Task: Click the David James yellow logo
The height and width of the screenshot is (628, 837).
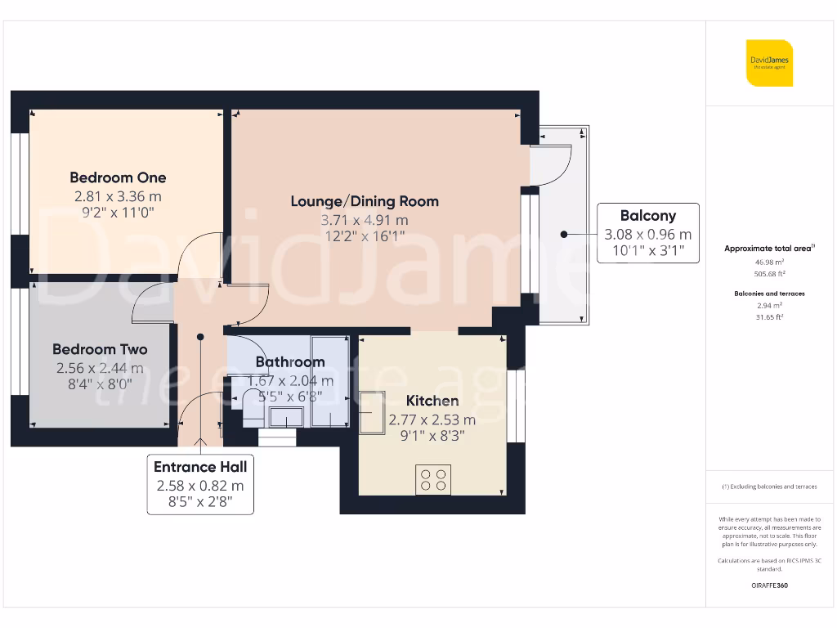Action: (769, 63)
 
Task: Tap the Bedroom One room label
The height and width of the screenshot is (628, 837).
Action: (118, 177)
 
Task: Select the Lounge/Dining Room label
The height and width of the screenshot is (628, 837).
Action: (365, 201)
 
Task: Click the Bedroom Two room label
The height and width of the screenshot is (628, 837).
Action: (100, 349)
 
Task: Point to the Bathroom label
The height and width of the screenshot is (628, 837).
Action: (290, 361)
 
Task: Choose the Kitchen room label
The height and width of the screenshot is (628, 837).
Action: (432, 401)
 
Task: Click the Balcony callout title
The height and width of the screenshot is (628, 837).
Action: (647, 216)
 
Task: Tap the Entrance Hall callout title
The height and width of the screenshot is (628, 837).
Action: (200, 466)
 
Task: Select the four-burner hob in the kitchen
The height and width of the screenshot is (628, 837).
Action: (432, 479)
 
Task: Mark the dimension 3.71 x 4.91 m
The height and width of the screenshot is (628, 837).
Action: (365, 220)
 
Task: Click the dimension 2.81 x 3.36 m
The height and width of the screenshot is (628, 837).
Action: (118, 196)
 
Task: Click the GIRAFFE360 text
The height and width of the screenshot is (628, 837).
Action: (768, 585)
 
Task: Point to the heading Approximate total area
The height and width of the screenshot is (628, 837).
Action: (768, 249)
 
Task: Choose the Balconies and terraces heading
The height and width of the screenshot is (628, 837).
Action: (768, 293)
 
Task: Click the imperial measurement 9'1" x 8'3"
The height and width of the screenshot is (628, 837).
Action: (432, 437)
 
